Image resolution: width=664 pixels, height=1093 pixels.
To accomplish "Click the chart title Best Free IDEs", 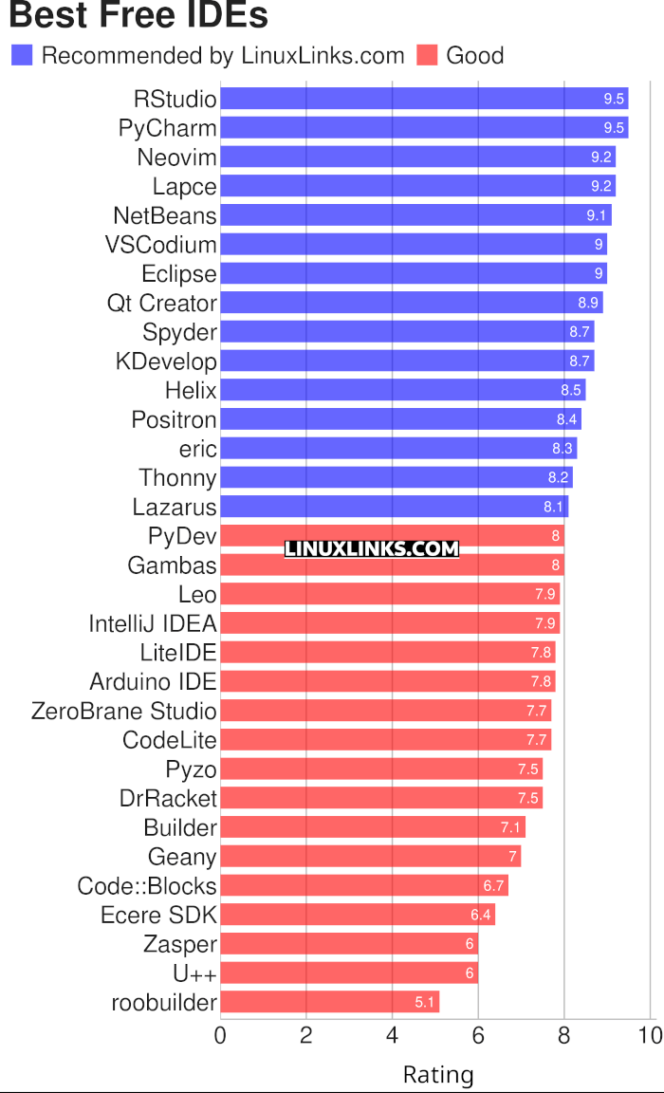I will [138, 16].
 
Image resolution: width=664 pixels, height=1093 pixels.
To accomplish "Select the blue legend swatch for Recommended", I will [22, 55].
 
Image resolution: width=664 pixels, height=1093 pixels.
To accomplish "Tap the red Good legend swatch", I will [427, 55].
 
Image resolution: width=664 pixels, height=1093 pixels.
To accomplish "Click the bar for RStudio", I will [424, 99].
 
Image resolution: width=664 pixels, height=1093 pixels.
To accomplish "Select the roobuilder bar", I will [330, 1002].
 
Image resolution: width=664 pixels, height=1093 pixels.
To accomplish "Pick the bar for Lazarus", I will [395, 507].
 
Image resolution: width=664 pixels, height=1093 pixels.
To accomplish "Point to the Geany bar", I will [371, 857].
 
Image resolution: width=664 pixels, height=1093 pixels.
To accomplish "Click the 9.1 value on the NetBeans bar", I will [597, 215].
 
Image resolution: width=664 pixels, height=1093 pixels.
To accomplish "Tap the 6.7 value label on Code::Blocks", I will [493, 886].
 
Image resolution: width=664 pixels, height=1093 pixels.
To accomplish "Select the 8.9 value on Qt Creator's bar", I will [588, 303].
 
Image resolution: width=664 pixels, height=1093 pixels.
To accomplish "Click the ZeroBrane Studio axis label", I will [124, 711].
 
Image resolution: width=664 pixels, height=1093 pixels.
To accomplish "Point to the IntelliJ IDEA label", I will [153, 623].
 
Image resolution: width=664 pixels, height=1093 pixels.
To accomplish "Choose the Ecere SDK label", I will [158, 915].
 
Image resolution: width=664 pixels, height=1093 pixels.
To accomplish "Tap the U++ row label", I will [194, 973].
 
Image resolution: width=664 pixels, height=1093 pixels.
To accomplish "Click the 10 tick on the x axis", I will [650, 1035].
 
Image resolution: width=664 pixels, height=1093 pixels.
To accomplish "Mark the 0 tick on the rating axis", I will [221, 1035].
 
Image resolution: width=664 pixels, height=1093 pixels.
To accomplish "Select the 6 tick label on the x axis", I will [478, 1035].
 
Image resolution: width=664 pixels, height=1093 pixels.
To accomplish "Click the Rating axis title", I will [438, 1075].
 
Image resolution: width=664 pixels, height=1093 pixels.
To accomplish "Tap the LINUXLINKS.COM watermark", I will [372, 548].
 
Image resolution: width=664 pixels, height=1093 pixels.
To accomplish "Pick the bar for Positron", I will [401, 419].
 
